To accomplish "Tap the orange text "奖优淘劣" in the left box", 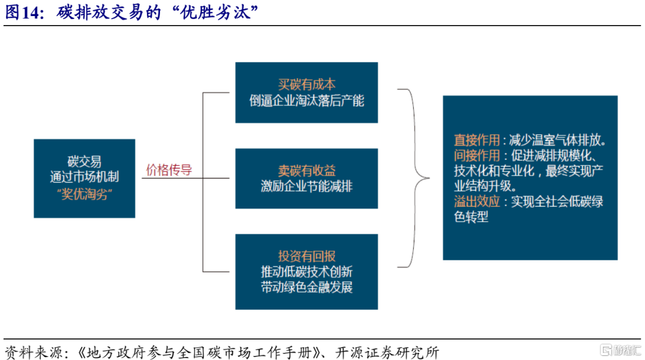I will pyautogui.click(x=84, y=195).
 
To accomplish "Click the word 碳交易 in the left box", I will pyautogui.click(x=84, y=161).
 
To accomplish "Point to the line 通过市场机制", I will pyautogui.click(x=84, y=177).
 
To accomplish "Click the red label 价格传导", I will pyautogui.click(x=169, y=170).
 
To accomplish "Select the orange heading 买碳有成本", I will pyautogui.click(x=306, y=84).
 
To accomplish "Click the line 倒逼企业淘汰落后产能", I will pyautogui.click(x=306, y=100).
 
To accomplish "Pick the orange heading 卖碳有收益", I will pyautogui.click(x=306, y=171).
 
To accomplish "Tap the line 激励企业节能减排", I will pyautogui.click(x=306, y=187).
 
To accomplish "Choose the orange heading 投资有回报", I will pyautogui.click(x=306, y=257).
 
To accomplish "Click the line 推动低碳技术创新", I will pyautogui.click(x=306, y=272).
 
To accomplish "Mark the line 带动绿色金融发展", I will pyautogui.click(x=306, y=288).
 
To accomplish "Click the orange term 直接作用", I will pyautogui.click(x=477, y=140).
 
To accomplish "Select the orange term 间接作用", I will pyautogui.click(x=477, y=156).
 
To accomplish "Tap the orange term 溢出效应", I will pyautogui.click(x=477, y=202).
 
